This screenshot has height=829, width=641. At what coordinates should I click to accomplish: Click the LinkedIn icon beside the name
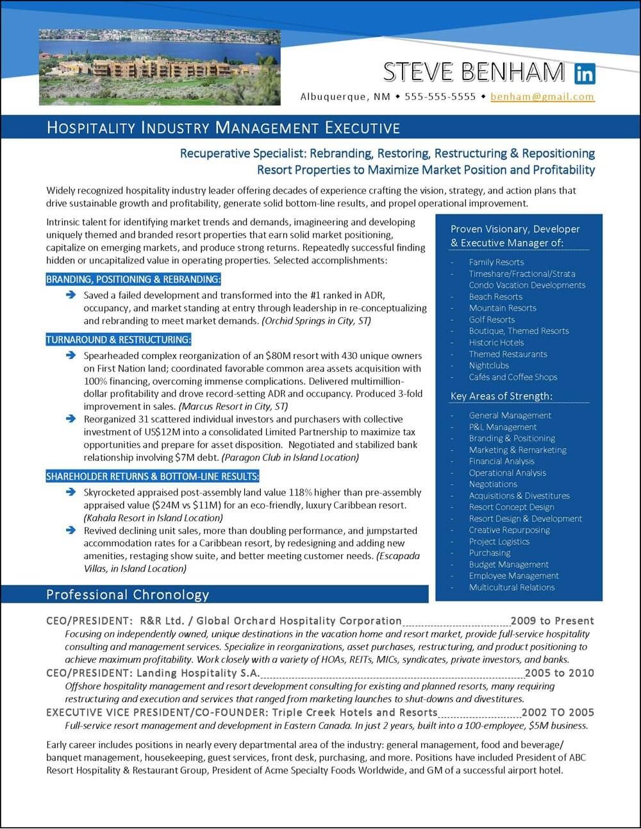(585, 74)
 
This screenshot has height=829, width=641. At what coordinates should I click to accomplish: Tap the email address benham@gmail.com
(542, 97)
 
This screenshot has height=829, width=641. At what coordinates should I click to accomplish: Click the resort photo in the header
(160, 67)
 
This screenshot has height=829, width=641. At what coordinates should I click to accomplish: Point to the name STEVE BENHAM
(474, 72)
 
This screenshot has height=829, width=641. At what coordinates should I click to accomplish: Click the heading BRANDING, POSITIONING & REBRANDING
(133, 279)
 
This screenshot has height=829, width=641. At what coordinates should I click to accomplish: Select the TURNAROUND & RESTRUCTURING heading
(119, 339)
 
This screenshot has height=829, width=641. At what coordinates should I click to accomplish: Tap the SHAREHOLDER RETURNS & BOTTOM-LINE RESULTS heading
(153, 476)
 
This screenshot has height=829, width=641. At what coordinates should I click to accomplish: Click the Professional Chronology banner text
(128, 594)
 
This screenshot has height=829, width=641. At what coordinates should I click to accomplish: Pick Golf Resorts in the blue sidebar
(492, 319)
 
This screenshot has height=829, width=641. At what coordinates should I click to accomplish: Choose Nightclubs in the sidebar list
(488, 365)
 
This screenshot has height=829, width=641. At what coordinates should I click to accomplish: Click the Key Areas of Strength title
(501, 396)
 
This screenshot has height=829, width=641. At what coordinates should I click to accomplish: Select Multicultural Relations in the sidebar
(512, 587)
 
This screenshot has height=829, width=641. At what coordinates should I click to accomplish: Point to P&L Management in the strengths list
(503, 427)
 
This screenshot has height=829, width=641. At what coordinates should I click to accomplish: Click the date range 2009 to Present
(552, 621)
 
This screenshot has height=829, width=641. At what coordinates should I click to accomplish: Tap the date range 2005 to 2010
(559, 673)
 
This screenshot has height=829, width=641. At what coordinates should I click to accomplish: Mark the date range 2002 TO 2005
(558, 712)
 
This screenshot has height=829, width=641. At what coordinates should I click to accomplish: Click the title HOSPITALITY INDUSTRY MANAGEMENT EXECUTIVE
(223, 128)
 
